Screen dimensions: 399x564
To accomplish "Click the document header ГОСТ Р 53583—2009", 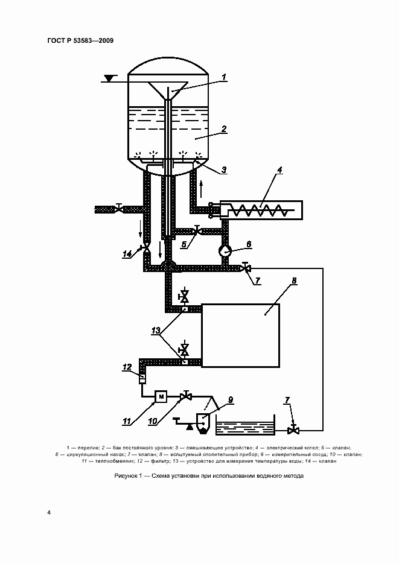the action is tap(80, 40).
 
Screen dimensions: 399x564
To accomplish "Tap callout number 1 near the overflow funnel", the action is tap(224, 77).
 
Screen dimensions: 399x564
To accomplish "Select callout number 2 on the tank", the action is tap(224, 128).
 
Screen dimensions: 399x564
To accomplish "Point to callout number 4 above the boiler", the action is tap(279, 170).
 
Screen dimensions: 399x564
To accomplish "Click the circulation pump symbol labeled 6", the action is tap(226, 251).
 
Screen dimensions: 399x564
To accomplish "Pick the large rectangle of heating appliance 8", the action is tap(240, 335).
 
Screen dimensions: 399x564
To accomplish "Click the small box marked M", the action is tap(161, 397).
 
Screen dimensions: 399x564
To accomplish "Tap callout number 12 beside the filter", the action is tap(127, 367).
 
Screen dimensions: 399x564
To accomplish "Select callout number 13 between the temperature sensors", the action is tap(155, 331).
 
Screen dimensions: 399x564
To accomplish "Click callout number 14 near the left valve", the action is tap(127, 255).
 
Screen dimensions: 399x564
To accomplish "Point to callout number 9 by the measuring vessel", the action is tap(231, 399).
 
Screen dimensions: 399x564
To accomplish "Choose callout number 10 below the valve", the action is tap(153, 421).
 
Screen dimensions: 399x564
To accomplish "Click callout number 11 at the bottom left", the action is tap(127, 421).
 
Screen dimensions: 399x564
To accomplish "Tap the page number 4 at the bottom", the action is tap(49, 512).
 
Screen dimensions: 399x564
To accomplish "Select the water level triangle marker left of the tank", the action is tap(109, 78).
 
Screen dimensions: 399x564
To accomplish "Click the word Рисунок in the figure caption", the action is tap(126, 476).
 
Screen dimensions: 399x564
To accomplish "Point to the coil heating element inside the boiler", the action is tap(259, 210).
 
